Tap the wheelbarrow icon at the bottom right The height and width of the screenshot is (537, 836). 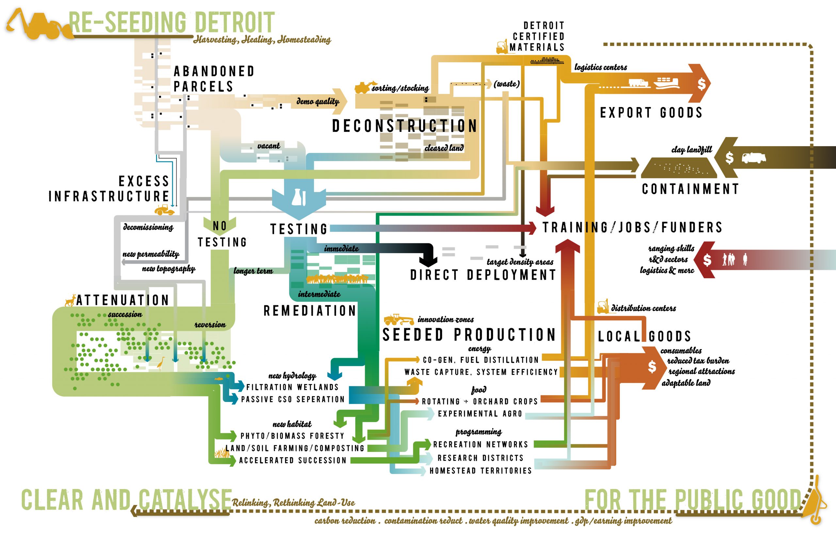pyautogui.click(x=815, y=502)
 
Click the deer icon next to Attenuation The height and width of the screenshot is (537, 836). pyautogui.click(x=71, y=300)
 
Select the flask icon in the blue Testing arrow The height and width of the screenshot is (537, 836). pyautogui.click(x=299, y=197)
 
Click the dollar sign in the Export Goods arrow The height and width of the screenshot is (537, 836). pyautogui.click(x=701, y=84)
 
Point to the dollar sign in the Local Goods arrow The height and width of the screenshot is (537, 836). pyautogui.click(x=652, y=367)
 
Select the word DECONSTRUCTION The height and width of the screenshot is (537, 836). pyautogui.click(x=405, y=126)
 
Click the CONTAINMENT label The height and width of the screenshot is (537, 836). pyautogui.click(x=690, y=189)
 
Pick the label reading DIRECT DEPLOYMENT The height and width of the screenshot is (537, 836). pyautogui.click(x=483, y=275)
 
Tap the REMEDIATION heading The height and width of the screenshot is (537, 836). pyautogui.click(x=310, y=311)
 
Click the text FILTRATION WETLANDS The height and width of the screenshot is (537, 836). pyautogui.click(x=293, y=387)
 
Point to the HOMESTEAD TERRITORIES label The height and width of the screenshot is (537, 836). pyautogui.click(x=481, y=471)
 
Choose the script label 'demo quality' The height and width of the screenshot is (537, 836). pyautogui.click(x=318, y=101)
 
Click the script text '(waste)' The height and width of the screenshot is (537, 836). pyautogui.click(x=506, y=84)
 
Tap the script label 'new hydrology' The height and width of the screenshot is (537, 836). pyautogui.click(x=292, y=376)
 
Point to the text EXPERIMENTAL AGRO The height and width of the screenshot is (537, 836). pyautogui.click(x=480, y=414)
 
